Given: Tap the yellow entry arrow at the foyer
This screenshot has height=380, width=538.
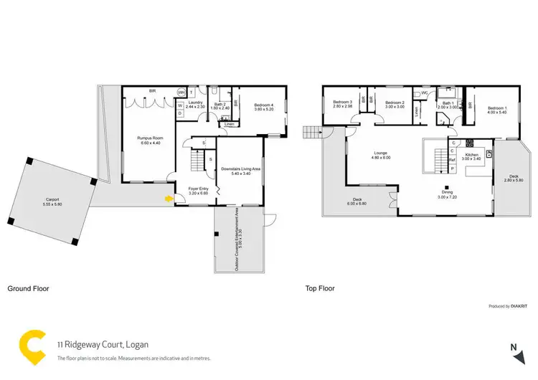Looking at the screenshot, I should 169,199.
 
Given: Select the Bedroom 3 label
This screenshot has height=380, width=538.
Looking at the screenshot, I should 343,104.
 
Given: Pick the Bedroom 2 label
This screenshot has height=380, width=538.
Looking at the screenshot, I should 395,104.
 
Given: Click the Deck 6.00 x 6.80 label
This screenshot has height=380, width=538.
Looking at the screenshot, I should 356,202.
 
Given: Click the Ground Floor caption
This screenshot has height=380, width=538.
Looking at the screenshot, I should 28,289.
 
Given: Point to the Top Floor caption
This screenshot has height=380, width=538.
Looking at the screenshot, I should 320,289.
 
